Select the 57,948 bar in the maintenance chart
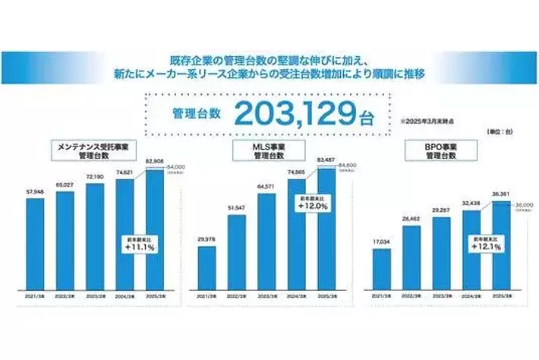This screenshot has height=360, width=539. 33,243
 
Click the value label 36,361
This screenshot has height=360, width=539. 501,193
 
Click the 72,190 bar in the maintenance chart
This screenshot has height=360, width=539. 94,235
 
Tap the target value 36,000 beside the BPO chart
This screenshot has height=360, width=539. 525,204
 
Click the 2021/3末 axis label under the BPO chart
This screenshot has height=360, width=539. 382,295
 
